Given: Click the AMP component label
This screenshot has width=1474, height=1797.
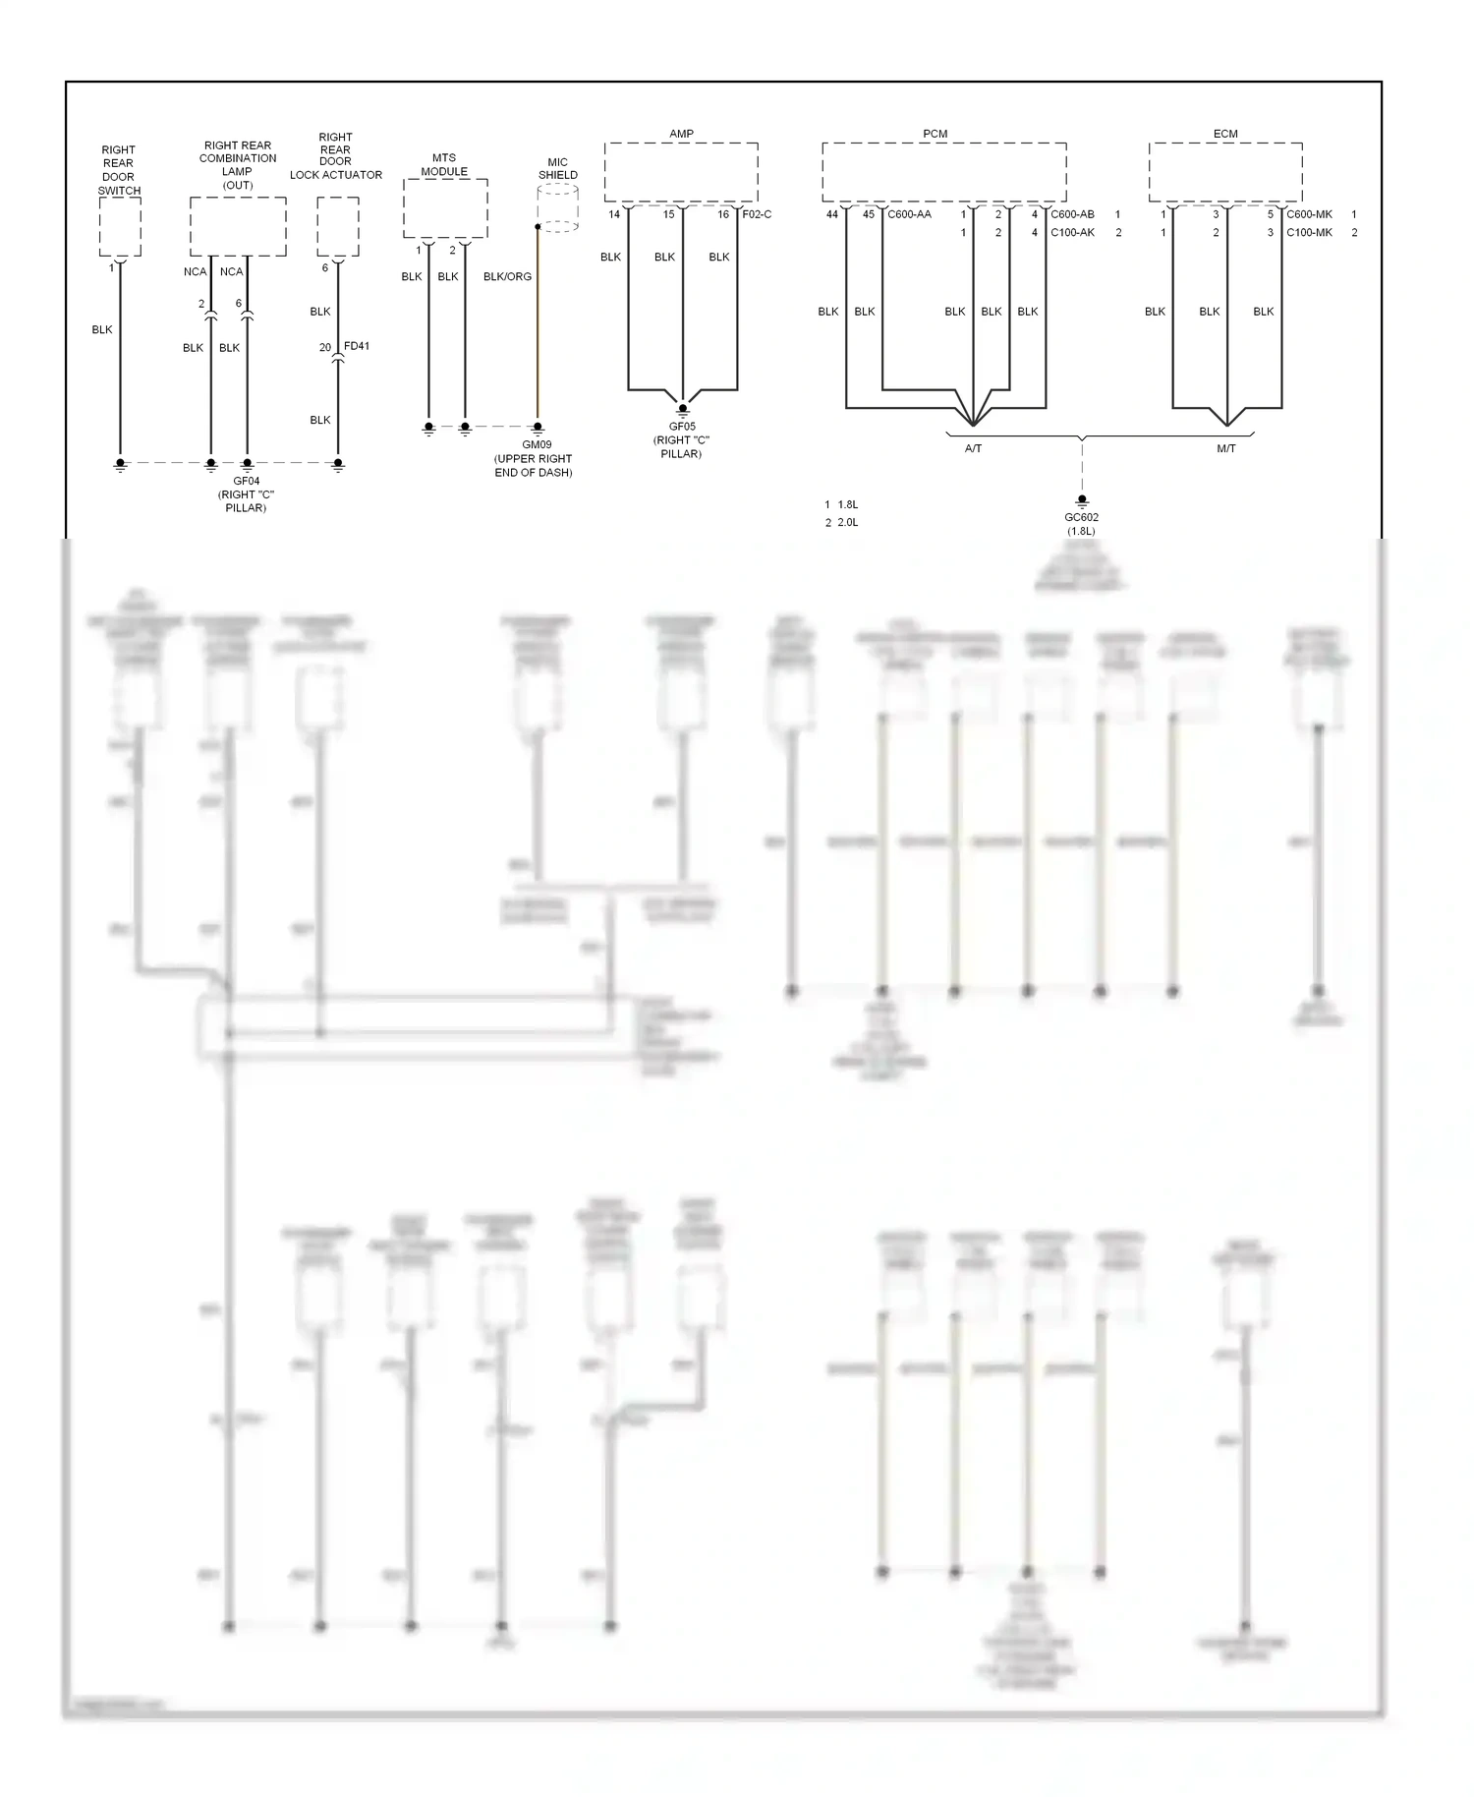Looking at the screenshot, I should pyautogui.click(x=681, y=134).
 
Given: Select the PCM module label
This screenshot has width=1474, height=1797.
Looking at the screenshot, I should pyautogui.click(x=935, y=134).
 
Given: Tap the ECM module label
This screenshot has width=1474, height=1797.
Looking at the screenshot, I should pyautogui.click(x=1225, y=134).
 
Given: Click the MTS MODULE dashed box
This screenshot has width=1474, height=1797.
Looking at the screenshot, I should pyautogui.click(x=445, y=208).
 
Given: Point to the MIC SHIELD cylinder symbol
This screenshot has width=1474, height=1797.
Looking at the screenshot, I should pyautogui.click(x=557, y=208).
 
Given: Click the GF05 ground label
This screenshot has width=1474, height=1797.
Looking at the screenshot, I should pyautogui.click(x=682, y=427).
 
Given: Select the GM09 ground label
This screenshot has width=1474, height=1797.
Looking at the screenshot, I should pyautogui.click(x=537, y=444).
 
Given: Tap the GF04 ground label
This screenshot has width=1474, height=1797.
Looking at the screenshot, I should pyautogui.click(x=246, y=482).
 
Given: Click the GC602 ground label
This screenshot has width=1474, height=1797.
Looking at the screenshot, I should pyautogui.click(x=1081, y=517).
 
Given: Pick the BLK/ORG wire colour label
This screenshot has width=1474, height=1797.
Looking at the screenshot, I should pyautogui.click(x=507, y=277).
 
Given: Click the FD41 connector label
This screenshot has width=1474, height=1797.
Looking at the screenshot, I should pyautogui.click(x=357, y=346).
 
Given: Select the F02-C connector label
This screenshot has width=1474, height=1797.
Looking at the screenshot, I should pyautogui.click(x=757, y=214).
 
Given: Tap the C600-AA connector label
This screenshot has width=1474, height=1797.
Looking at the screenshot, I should pyautogui.click(x=909, y=214).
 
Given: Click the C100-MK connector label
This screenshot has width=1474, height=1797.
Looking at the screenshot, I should pyautogui.click(x=1309, y=233).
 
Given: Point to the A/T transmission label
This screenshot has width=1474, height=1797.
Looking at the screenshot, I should pyautogui.click(x=973, y=448).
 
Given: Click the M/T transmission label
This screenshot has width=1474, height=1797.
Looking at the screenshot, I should pyautogui.click(x=1226, y=448).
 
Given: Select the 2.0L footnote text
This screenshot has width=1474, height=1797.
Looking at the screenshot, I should pyautogui.click(x=847, y=523).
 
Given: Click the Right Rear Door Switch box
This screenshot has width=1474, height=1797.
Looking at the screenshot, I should pyautogui.click(x=120, y=227).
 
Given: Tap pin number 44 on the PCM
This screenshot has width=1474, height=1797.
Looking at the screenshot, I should pyautogui.click(x=832, y=214).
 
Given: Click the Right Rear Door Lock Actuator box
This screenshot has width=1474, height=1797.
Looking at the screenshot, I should pyautogui.click(x=338, y=227).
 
